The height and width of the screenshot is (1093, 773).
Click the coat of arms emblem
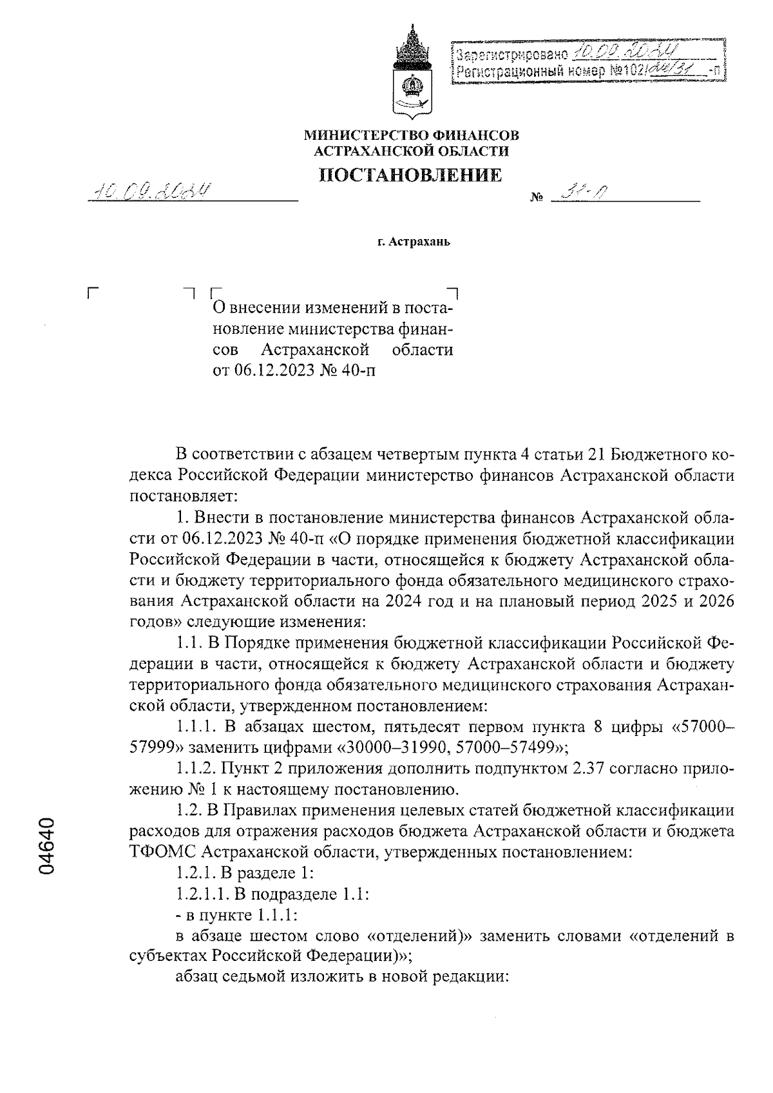(412, 71)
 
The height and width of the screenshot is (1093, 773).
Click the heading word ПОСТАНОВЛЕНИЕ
(411, 175)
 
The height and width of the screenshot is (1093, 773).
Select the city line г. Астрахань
(411, 243)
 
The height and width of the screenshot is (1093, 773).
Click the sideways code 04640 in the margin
(49, 846)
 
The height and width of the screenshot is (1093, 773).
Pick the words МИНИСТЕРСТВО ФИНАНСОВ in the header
(411, 135)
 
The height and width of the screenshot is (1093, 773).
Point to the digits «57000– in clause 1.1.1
(703, 728)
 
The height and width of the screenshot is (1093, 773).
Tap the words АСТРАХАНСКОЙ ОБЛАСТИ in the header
(411, 151)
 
